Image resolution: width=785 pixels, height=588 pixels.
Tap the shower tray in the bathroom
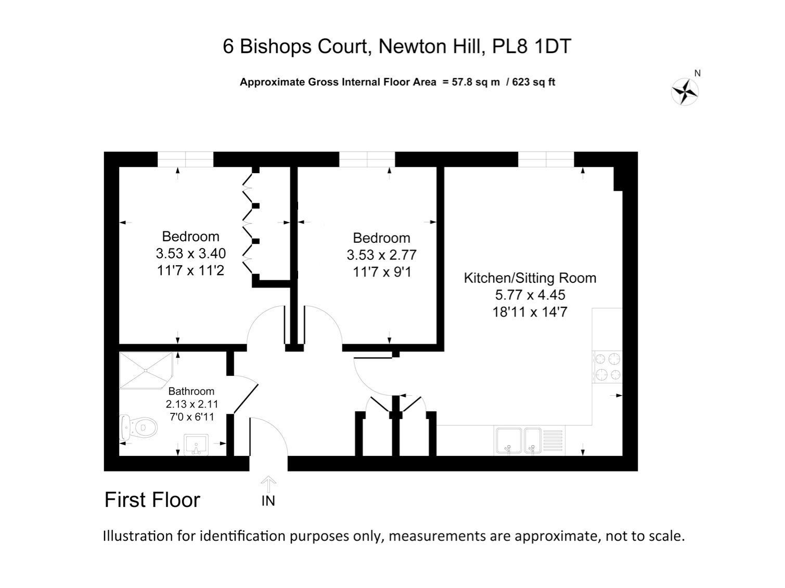pos(146,370)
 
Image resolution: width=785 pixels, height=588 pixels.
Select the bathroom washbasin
pos(196,445)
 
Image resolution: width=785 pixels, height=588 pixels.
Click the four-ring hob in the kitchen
pos(607,367)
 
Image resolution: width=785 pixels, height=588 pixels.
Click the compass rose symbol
pos(685,92)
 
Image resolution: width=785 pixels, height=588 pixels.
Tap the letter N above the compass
pos(698,73)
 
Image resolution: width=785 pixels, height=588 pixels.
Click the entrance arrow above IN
pos(268,485)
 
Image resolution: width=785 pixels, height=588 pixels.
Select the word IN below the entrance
pos(268,501)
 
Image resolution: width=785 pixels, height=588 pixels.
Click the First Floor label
pos(152,500)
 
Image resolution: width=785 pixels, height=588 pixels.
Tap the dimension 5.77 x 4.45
pos(530,295)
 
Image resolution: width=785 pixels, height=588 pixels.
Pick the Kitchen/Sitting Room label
pos(530,278)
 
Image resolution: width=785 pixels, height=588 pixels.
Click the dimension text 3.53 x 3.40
pos(190,253)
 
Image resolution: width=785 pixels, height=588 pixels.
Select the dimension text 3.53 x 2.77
pos(382,255)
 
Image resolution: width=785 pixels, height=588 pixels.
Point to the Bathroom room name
pos(191,391)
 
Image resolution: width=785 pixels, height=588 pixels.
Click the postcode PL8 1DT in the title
pos(532,46)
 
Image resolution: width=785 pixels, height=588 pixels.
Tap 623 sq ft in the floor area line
pos(534,82)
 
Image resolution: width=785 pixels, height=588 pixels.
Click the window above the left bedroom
pos(186,159)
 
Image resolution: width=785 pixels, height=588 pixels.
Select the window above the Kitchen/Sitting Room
pos(546,159)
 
